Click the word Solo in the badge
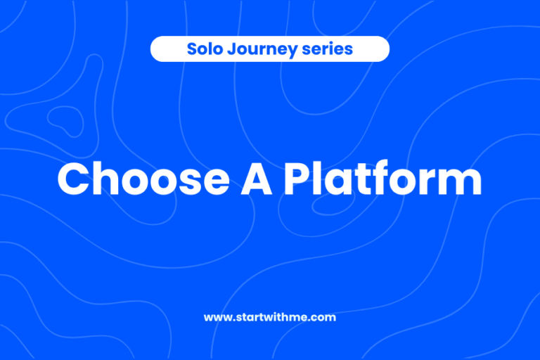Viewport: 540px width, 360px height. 202,49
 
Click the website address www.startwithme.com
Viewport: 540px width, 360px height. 270,317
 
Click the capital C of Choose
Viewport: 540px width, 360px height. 73,180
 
